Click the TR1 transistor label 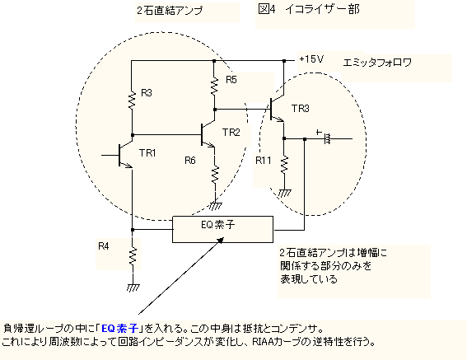coord(147,153)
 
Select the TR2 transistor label coord(231,133)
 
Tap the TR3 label coord(300,109)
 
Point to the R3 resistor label coord(147,93)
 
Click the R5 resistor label coord(231,80)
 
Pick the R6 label coord(190,161)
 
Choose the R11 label coord(264,161)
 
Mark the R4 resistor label coord(104,246)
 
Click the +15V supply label coord(311,59)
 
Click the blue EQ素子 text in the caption coord(120,329)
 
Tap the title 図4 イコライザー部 coord(309,10)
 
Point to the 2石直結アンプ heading coord(170,11)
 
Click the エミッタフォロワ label coord(377,63)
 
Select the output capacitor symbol coord(327,138)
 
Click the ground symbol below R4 coord(133,288)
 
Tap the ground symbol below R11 coord(285,193)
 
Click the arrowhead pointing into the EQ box coord(221,241)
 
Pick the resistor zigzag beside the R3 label coord(132,101)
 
